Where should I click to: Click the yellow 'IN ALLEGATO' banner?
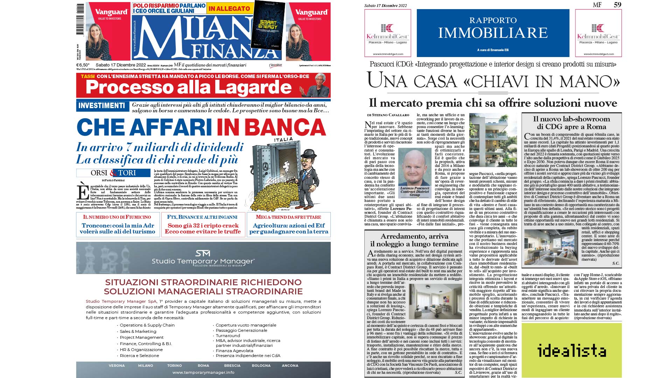click(x=229, y=8)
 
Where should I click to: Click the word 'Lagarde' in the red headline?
click(x=253, y=87)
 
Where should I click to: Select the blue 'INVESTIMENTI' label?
click(x=101, y=106)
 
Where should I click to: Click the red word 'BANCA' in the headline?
click(x=271, y=127)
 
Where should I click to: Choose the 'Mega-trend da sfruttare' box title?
click(x=288, y=217)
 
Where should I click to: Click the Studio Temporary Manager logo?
click(x=203, y=258)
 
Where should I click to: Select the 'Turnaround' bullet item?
click(x=228, y=335)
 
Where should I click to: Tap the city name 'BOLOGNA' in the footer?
click(x=261, y=365)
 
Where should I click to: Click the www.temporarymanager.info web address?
click(x=203, y=372)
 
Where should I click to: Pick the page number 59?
click(x=617, y=5)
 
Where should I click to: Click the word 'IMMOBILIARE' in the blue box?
click(x=493, y=33)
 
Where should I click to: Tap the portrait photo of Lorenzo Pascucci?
click(x=415, y=167)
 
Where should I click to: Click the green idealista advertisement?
click(x=572, y=350)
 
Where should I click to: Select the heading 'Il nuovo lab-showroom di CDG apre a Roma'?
click(x=572, y=122)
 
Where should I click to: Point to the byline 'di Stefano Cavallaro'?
click(x=388, y=115)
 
